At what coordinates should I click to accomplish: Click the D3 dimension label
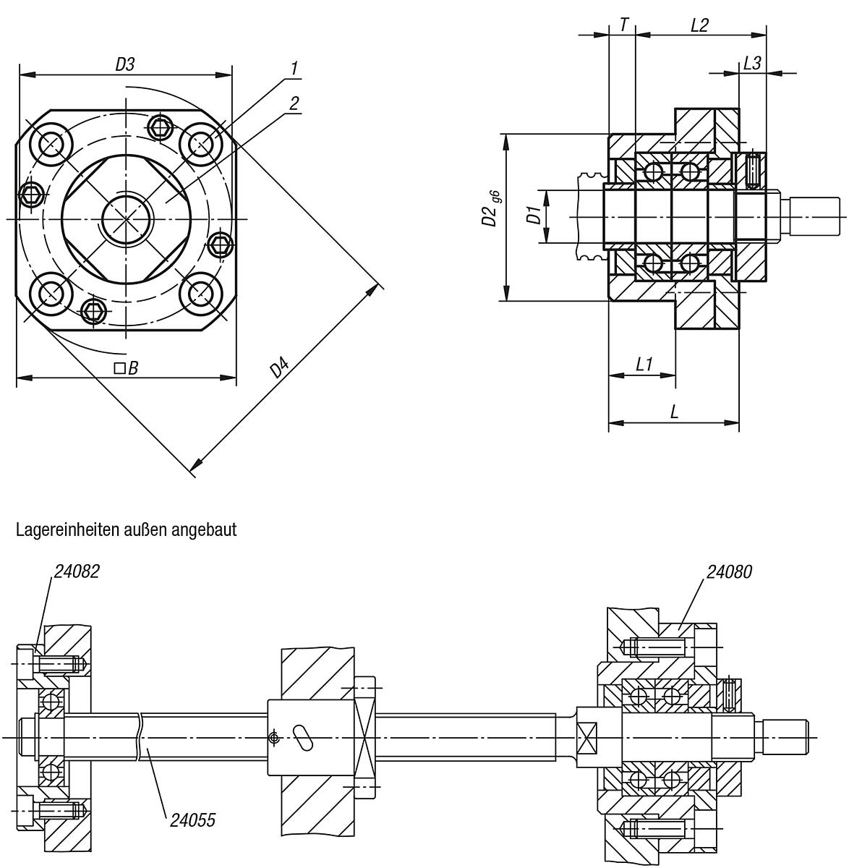coord(125,64)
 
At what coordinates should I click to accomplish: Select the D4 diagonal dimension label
coord(280,369)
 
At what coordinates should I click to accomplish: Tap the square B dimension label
coord(126,368)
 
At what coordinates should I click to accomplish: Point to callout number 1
coord(294,68)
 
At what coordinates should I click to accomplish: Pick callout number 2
coord(294,103)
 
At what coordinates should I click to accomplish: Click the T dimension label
coord(623,25)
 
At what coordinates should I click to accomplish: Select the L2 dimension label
coord(699,25)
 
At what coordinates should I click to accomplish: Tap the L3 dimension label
coord(752,64)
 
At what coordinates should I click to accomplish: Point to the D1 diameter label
coord(533,215)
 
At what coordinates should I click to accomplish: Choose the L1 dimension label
coord(644,365)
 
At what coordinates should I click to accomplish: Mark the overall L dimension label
coord(674,412)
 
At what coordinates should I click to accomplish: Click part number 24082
coord(76,572)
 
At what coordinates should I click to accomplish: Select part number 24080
coord(729,572)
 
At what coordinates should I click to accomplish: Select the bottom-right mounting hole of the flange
coord(200,294)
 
